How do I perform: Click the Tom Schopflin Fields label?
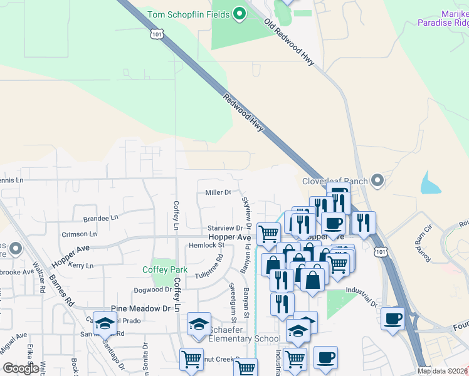[x=189, y=14]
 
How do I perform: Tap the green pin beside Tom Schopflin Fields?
[x=239, y=14]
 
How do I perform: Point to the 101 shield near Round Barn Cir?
[x=381, y=251]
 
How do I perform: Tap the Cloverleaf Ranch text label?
[x=335, y=181]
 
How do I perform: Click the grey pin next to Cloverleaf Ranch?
[x=377, y=181]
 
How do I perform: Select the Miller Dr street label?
[x=219, y=192]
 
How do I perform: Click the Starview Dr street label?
[x=225, y=228]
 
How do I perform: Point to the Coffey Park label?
[x=161, y=269]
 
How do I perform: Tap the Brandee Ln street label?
[x=100, y=219]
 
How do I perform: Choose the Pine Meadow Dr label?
[x=140, y=308]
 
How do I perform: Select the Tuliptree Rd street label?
[x=209, y=267]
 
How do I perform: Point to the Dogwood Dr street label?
[x=152, y=290]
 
